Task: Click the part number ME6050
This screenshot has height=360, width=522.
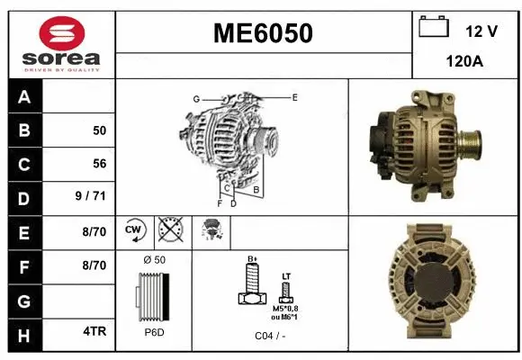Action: pos(263,33)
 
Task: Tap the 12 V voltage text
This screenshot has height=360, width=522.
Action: pos(481,31)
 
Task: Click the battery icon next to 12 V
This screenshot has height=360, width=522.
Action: pos(434,28)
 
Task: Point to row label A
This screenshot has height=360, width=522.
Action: pos(24,96)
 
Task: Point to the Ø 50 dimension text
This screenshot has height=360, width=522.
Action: pos(154,260)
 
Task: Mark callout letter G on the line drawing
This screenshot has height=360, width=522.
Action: pos(195,99)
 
